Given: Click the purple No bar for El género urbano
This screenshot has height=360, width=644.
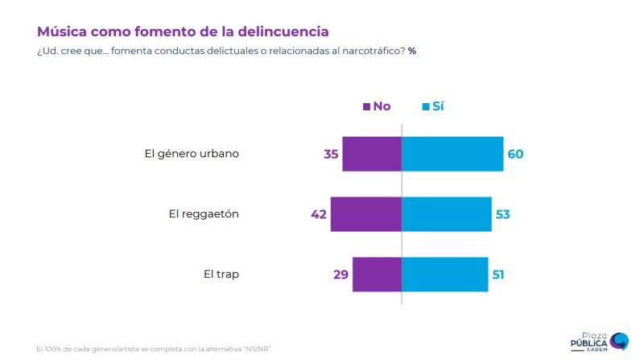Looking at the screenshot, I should [371, 154].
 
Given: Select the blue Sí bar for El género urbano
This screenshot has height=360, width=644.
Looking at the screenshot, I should [452, 154].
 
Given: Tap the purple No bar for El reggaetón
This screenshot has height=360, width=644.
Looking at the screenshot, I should [365, 214].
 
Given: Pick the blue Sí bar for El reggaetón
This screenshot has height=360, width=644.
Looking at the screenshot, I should [447, 214].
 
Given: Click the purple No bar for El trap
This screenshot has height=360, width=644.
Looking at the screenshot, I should [377, 275].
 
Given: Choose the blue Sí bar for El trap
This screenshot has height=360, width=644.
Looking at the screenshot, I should [444, 275].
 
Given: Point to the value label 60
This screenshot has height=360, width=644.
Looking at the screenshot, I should [515, 154].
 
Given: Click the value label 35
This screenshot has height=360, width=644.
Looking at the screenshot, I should [329, 154].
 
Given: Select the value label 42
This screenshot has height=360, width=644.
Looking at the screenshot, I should [318, 214].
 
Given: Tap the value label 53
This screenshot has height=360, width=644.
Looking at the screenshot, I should [503, 214].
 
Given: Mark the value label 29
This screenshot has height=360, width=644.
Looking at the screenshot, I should [340, 275].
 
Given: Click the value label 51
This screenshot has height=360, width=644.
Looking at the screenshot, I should [499, 275].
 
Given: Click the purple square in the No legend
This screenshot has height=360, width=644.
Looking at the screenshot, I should [367, 106].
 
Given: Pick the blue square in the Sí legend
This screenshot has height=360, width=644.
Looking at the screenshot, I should [426, 106].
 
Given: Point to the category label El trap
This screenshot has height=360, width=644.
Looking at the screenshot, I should [221, 275].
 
